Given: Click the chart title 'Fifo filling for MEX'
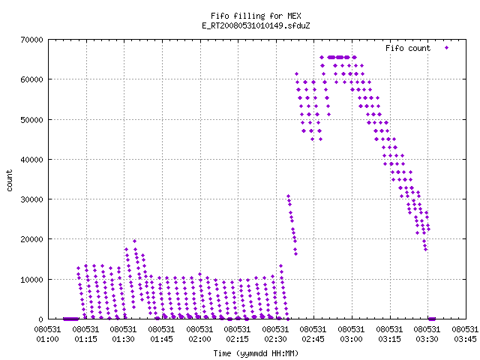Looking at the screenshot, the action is (256, 16).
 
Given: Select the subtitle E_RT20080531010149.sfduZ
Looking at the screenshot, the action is (256, 25).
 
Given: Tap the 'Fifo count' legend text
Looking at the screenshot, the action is (408, 48).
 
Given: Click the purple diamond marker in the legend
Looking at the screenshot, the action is (447, 47).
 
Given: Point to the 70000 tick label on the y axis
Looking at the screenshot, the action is (31, 40).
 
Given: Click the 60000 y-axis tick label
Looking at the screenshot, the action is (31, 79).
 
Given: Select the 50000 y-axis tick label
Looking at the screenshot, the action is (31, 120).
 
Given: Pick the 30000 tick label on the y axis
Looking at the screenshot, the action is (31, 199).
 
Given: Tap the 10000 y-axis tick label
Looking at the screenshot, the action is (31, 280).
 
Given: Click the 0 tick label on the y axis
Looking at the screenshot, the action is (40, 319).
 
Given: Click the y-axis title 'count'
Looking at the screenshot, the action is (9, 181).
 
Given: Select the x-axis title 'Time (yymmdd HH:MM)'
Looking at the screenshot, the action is (256, 353).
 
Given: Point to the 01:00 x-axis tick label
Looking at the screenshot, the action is (47, 339).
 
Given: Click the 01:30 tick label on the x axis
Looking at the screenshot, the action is (123, 339).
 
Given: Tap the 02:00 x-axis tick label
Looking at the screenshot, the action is (199, 339).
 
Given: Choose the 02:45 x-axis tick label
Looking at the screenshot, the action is (313, 339).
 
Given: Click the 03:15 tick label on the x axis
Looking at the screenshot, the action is (389, 339).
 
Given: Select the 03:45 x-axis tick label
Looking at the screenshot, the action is (465, 339).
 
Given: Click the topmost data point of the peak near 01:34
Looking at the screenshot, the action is (134, 241).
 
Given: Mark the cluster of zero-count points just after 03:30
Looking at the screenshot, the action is (432, 319).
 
